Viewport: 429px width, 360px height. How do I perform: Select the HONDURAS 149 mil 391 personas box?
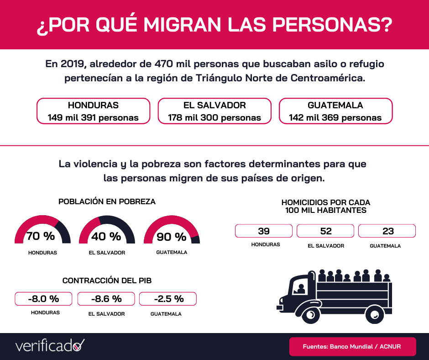coord(93,111)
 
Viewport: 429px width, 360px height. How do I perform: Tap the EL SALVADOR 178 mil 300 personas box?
coord(214,111)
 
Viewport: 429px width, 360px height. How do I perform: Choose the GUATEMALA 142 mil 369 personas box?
coord(335,111)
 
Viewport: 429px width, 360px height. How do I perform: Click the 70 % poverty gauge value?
coord(41,237)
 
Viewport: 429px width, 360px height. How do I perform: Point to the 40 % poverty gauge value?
coord(106,237)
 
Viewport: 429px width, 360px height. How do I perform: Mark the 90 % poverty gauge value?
coord(172,237)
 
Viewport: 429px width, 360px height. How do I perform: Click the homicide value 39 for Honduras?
coord(264,231)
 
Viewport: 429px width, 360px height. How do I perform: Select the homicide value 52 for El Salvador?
coord(326,231)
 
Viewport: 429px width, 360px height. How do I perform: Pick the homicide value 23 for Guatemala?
coord(387,231)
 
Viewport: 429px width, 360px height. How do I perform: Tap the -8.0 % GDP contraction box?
coord(44,299)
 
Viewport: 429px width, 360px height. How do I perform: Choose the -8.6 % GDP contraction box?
coord(106,299)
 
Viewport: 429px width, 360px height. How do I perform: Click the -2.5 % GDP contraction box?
coord(168,299)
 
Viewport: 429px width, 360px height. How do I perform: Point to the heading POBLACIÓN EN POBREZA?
coord(107,201)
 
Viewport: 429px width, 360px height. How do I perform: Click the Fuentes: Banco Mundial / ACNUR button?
coord(352,346)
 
